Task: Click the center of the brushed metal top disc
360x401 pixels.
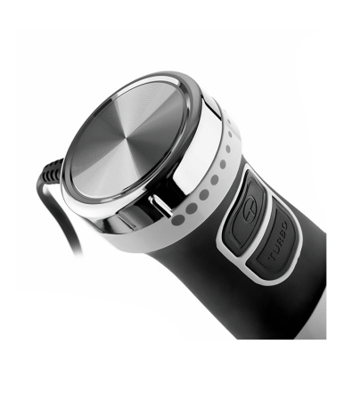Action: [x=127, y=140]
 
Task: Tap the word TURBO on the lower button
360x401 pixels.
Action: [x=278, y=241]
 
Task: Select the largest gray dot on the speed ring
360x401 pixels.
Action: [x=178, y=220]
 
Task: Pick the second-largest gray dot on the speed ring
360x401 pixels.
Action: [x=192, y=209]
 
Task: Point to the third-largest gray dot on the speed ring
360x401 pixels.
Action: [x=204, y=194]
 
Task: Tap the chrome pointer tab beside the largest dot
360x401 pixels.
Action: [x=160, y=205]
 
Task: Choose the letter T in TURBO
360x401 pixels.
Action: [x=273, y=257]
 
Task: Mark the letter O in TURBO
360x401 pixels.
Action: [x=283, y=226]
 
